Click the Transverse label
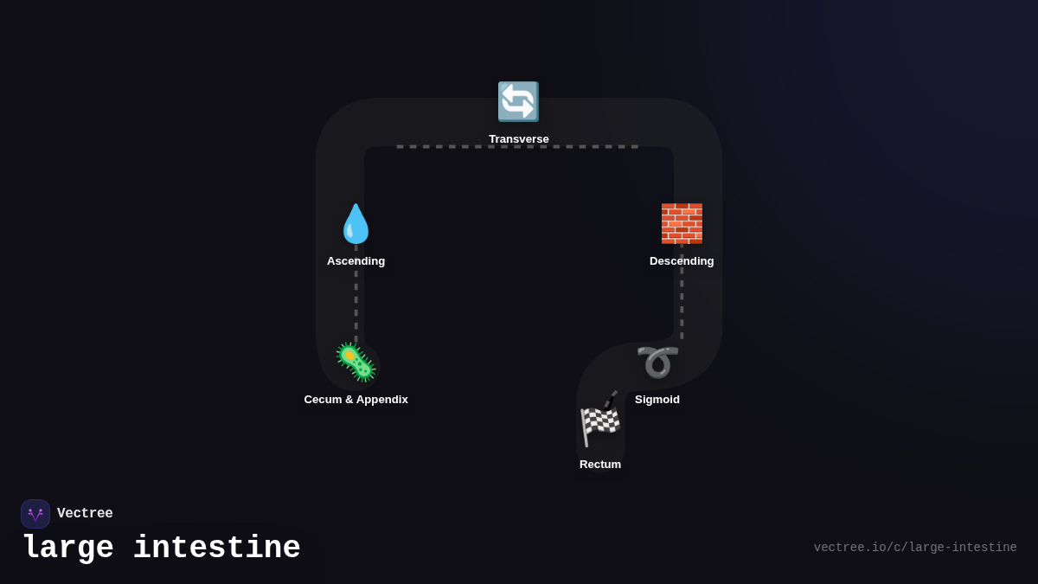(518, 139)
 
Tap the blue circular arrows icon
(518, 102)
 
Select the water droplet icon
(356, 224)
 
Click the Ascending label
(356, 261)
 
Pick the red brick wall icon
(682, 224)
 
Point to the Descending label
(682, 261)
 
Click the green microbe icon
(356, 363)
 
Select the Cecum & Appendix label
(356, 400)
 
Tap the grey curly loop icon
(657, 363)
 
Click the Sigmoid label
(657, 400)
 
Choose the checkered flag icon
(600, 420)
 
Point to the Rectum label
(600, 465)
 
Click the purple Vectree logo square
(35, 514)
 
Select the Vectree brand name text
(85, 514)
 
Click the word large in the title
(67, 549)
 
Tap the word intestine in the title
(217, 549)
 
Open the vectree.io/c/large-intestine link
(915, 548)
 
